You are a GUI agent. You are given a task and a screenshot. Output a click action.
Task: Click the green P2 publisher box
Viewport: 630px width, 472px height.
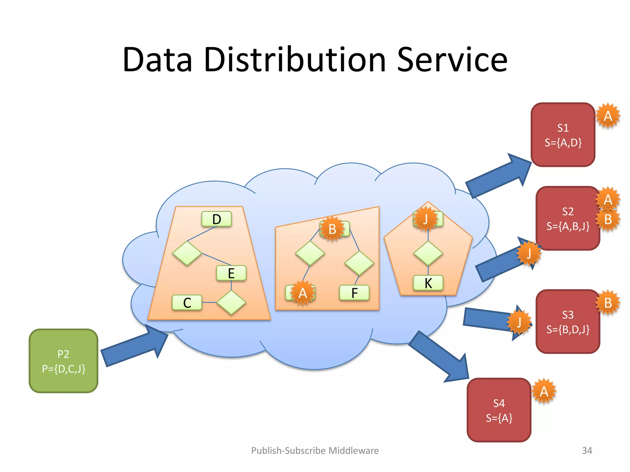click(x=63, y=361)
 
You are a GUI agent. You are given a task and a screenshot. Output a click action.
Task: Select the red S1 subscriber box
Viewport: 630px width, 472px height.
click(x=563, y=135)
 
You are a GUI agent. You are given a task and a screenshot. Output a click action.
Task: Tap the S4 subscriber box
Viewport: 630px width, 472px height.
click(x=499, y=410)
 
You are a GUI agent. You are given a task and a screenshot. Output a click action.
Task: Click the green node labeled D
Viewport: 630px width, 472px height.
click(x=217, y=219)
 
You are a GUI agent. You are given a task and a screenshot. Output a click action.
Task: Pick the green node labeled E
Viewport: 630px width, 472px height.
click(x=231, y=273)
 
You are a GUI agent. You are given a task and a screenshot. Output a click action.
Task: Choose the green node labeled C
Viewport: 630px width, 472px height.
click(x=187, y=303)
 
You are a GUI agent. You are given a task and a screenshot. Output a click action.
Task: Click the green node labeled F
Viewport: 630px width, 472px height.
click(x=354, y=293)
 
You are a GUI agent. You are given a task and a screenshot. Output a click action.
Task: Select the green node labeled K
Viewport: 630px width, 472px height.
click(x=428, y=283)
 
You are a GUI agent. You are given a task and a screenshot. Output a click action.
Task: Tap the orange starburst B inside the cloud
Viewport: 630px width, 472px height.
click(x=332, y=229)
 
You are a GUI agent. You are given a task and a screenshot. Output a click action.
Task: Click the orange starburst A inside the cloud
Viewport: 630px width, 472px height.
click(x=303, y=293)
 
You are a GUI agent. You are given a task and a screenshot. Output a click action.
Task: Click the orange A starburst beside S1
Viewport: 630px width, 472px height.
click(x=608, y=116)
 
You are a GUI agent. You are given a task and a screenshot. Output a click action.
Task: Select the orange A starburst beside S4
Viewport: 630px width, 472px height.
click(x=544, y=391)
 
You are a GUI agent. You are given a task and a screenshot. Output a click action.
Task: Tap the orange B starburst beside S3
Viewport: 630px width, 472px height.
click(x=608, y=303)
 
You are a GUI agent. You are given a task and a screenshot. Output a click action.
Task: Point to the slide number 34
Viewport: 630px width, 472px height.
click(x=587, y=450)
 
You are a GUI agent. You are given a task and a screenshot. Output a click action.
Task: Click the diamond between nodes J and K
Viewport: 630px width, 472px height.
click(x=428, y=254)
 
